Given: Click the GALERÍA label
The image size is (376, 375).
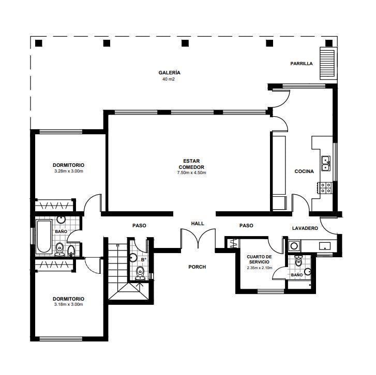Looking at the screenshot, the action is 169,72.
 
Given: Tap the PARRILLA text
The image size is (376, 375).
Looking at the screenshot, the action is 302,64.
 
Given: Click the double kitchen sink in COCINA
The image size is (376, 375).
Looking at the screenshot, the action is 326,164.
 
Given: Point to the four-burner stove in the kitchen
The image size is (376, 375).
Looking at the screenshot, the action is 325,187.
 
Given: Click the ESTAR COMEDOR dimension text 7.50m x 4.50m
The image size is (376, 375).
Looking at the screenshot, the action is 191,173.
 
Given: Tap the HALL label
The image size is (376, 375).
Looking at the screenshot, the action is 198,224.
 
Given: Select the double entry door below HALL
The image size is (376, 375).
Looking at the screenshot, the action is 198,238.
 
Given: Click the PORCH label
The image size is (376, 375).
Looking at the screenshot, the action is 197,267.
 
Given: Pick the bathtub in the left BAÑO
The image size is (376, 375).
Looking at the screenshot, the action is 44,237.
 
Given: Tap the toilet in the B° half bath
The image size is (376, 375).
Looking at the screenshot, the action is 140,273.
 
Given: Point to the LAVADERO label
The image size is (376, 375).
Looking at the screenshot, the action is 305,228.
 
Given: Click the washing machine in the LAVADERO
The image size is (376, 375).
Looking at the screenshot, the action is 294,246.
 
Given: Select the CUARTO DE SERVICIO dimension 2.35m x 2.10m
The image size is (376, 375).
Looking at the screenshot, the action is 260,268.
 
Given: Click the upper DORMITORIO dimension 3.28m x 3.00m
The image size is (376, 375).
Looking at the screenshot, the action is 69,171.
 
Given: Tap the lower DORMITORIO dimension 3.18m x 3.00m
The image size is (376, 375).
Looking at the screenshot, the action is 69,304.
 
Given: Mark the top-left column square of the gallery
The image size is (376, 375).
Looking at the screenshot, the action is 39,43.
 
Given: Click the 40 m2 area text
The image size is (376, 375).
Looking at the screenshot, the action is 169,79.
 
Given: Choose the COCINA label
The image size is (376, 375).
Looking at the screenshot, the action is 304,171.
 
